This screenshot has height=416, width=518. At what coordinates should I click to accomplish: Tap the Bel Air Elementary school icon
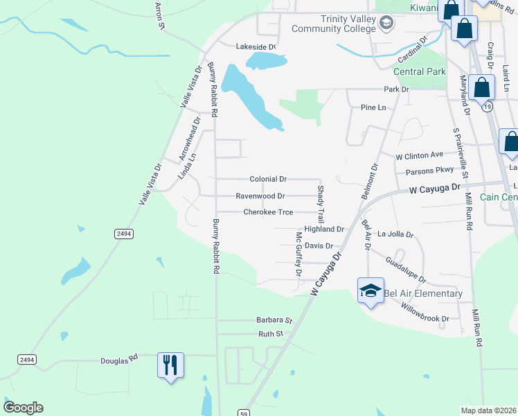pos(370,291)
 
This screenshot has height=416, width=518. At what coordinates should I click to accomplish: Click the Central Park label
pos(419,71)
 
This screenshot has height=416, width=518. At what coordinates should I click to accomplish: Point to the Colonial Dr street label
pos(268,179)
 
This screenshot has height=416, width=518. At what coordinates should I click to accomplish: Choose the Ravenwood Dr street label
pos(260,196)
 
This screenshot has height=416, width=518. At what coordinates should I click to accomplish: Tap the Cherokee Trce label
pos(268,212)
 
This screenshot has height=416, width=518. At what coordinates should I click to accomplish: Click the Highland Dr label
pos(324,229)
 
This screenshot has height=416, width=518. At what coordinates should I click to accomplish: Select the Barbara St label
pos(275,320)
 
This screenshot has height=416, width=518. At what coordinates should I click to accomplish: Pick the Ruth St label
pos(271,333)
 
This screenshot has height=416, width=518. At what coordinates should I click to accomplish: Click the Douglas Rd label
pos(119,361)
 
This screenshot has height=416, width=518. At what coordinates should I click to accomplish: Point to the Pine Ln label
pos(373,107)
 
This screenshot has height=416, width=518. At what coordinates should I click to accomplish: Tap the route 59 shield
pos(244,413)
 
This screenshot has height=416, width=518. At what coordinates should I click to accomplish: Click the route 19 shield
pos(488,107)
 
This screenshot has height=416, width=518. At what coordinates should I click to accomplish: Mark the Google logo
pos(23,408)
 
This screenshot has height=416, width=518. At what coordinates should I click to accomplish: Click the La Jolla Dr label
pos(395,235)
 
